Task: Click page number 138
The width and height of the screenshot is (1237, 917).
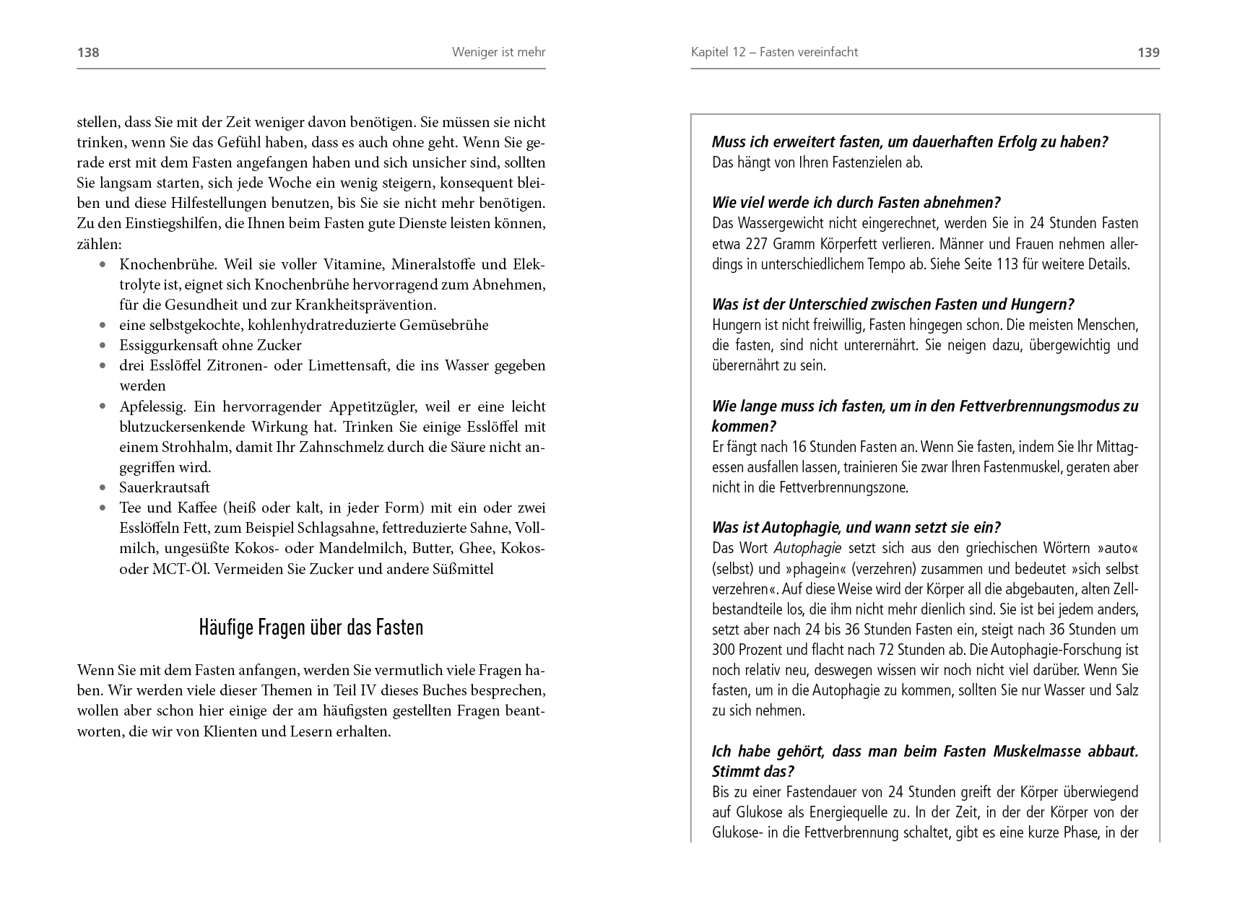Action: [x=88, y=52]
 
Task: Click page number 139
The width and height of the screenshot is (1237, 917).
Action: [x=1148, y=52]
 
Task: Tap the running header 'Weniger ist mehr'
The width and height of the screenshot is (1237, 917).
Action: [x=498, y=52]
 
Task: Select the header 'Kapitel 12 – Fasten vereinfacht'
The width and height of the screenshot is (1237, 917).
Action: [x=774, y=52]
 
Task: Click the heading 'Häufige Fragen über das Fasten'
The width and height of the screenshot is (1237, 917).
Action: [x=311, y=627]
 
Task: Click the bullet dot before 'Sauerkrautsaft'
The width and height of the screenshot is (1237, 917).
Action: [x=103, y=488]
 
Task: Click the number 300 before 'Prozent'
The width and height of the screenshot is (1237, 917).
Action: [x=724, y=650]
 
